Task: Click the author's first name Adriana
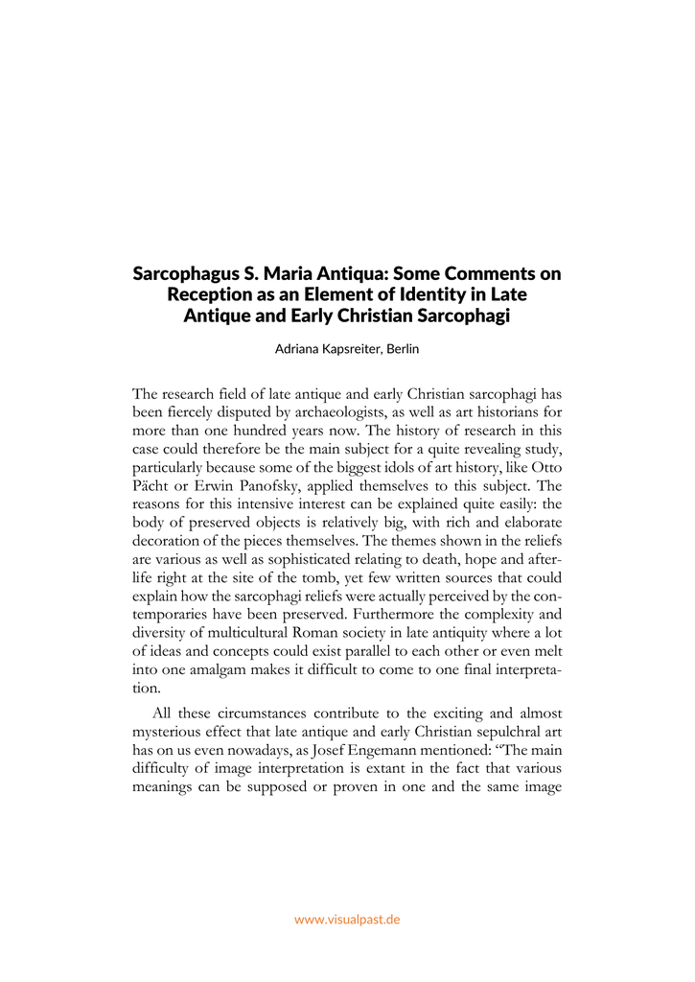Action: coord(299,349)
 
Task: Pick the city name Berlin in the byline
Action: coord(401,349)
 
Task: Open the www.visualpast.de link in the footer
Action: coord(347,919)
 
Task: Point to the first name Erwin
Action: coord(198,485)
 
